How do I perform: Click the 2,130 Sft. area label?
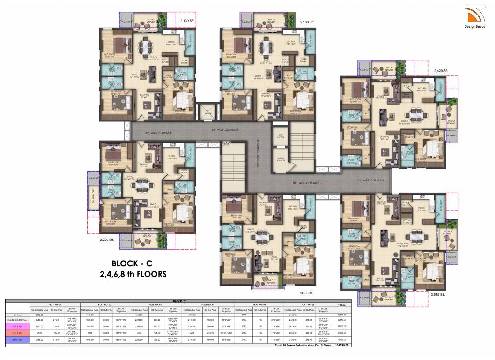(190, 21)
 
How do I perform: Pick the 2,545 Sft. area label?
(438, 295)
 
